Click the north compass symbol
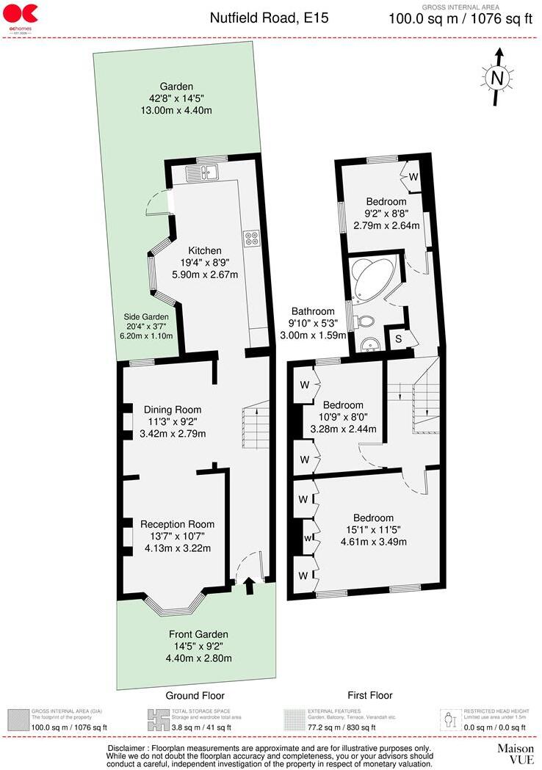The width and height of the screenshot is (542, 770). pos(498,76)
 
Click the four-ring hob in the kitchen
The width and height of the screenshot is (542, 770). pos(250,238)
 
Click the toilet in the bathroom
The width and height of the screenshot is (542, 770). pos(364,321)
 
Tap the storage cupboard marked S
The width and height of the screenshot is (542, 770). pos(398,338)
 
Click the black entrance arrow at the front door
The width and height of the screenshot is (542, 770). pos(248,585)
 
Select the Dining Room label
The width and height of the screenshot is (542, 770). pos(173,410)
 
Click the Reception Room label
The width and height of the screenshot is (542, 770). pos(177,524)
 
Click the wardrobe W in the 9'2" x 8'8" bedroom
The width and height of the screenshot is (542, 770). pos(413,177)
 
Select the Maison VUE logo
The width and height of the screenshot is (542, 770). pos(516,754)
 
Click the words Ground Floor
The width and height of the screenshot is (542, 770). pos(195,695)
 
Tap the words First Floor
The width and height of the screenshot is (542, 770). pos(369,695)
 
